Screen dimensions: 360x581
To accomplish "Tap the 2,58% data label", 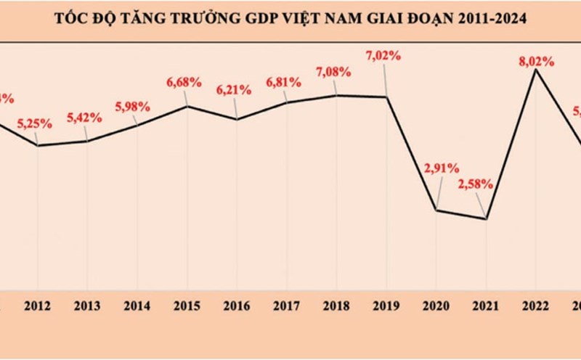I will [476, 184].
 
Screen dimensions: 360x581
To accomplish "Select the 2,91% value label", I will [441, 168].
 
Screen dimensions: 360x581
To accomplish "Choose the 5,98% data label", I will [133, 106].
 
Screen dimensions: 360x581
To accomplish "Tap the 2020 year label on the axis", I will [436, 306].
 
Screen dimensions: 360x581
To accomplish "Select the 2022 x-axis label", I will [536, 306].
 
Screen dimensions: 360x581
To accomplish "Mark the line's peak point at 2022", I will [536, 70].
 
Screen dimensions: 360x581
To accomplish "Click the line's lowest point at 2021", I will [486, 218].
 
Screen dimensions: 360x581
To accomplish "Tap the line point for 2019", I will [386, 97].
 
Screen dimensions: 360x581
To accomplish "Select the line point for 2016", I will [236, 118].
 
